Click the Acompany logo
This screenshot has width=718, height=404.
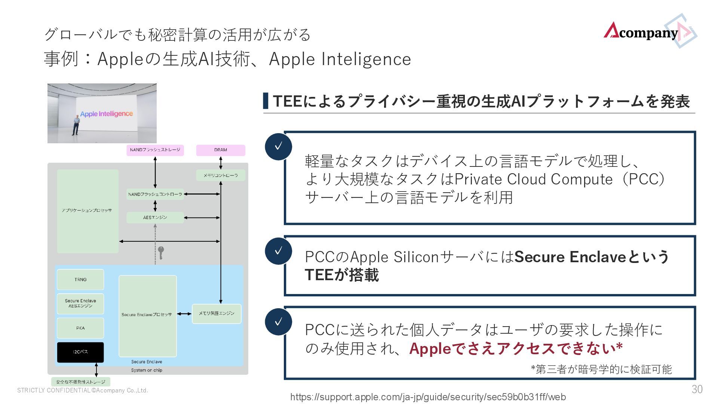649,32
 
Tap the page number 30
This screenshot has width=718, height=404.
697,389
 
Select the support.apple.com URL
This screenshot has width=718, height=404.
428,397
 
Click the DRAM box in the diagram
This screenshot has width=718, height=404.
221,150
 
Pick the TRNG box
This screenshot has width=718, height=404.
80,279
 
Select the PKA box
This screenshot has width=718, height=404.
80,328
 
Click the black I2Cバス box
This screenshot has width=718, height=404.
80,352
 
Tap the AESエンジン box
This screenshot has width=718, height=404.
155,217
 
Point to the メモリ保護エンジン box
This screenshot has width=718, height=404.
217,313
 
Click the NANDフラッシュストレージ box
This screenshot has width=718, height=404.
155,150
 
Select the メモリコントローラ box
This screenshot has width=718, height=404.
221,175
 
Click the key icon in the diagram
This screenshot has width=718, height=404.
161,252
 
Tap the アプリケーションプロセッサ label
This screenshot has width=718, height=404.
87,210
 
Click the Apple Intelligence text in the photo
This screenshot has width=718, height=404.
107,114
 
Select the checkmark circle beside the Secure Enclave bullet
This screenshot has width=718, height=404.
278,251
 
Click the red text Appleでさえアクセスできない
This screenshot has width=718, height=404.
516,349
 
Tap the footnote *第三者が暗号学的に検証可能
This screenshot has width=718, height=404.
601,370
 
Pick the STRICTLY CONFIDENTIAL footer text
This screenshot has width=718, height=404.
83,391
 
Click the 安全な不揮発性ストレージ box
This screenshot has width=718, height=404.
81,382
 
